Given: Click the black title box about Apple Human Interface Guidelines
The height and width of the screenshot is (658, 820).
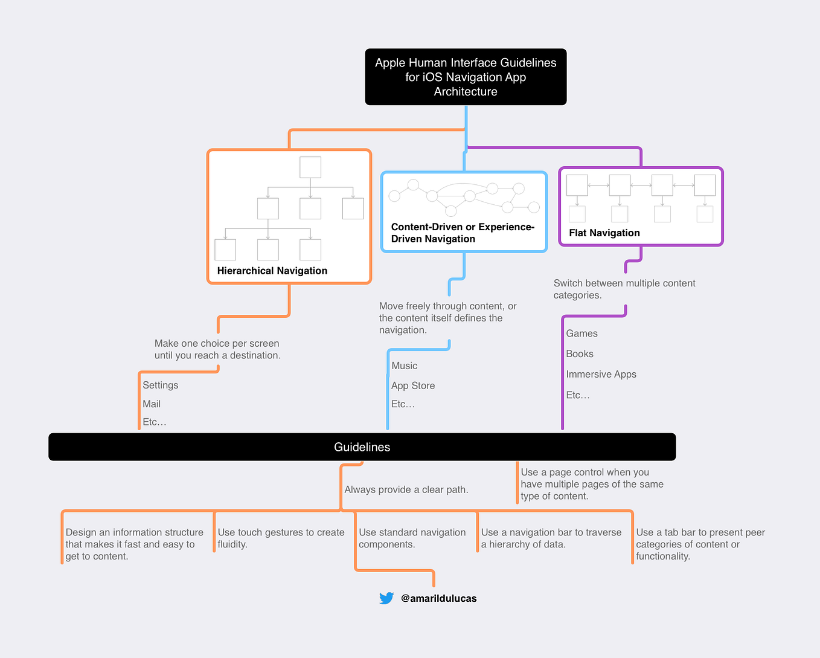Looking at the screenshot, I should pos(466,77).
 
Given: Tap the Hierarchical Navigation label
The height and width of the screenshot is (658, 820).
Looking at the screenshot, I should pos(272,271).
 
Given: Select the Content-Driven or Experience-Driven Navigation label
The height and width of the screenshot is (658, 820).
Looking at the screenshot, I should pos(463,233).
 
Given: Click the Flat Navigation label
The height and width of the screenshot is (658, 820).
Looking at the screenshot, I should pos(604,233).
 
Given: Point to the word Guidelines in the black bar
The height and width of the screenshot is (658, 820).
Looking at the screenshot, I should pos(362,447).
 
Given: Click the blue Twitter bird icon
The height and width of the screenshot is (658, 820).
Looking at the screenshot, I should pos(386,598).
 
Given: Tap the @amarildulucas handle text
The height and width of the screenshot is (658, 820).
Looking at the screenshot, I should pos(438,598).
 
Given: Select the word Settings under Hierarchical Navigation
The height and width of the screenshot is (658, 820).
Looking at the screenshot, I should pos(160,385).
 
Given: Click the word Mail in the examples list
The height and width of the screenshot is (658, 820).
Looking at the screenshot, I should pos(152,404).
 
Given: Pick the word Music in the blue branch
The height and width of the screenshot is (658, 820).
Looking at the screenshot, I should pos(404,366).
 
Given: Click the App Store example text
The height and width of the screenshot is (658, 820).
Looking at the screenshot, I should pos(413,385).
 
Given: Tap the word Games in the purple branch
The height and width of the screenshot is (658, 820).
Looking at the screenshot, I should pos(581,333).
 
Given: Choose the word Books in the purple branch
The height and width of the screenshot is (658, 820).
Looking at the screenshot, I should pos(580,353).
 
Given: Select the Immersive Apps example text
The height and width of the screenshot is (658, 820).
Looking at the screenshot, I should pos(601,374).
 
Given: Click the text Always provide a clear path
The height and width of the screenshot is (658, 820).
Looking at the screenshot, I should pos(406,489).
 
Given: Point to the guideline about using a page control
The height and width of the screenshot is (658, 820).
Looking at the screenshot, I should pos(591,484).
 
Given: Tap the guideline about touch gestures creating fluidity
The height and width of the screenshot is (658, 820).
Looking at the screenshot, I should pos(281,538).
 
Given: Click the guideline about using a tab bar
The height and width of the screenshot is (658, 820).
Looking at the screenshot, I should pos(700,544).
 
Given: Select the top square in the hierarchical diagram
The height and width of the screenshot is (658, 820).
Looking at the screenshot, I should pos(310,167).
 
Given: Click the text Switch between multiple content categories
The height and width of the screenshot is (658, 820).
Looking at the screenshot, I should pos(624,289).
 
